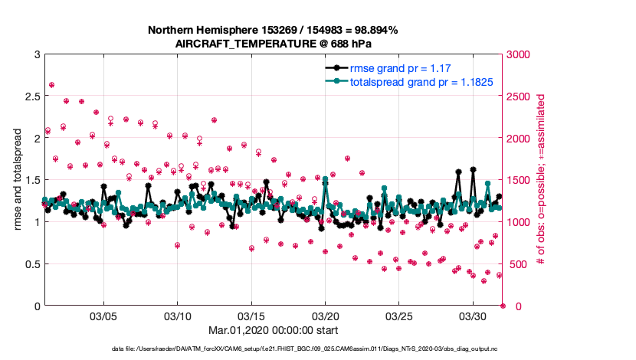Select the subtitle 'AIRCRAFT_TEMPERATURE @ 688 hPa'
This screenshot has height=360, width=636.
point(273,43)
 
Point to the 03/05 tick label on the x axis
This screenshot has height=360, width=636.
point(103,316)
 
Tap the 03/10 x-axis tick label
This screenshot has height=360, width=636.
point(178,316)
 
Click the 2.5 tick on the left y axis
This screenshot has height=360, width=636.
point(30,97)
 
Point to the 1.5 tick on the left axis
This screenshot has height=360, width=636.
point(30,180)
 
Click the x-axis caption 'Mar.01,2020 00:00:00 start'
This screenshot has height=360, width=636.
point(273,331)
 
